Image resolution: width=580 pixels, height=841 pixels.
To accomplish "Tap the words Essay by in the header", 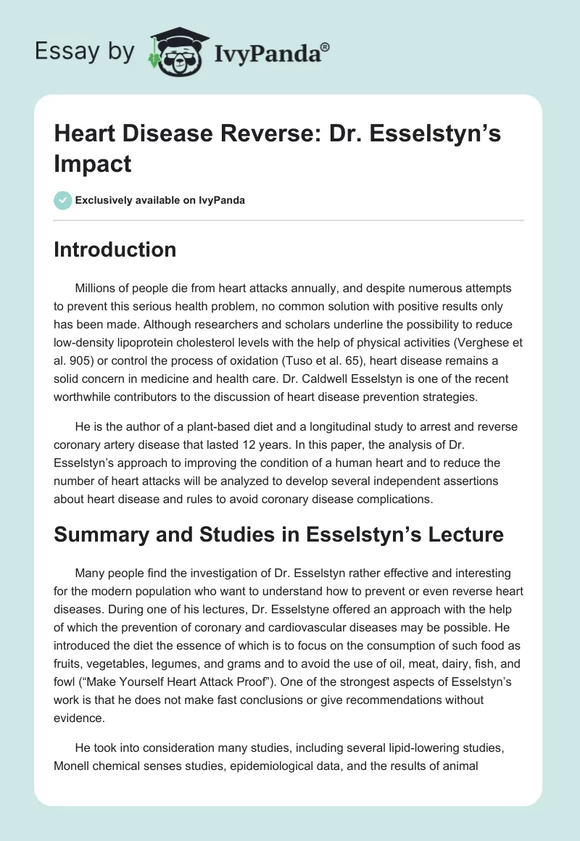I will [x=84, y=52].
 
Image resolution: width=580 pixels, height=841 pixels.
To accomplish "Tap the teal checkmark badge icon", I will [x=63, y=200].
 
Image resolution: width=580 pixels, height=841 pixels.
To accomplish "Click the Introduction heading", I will [x=115, y=249].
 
